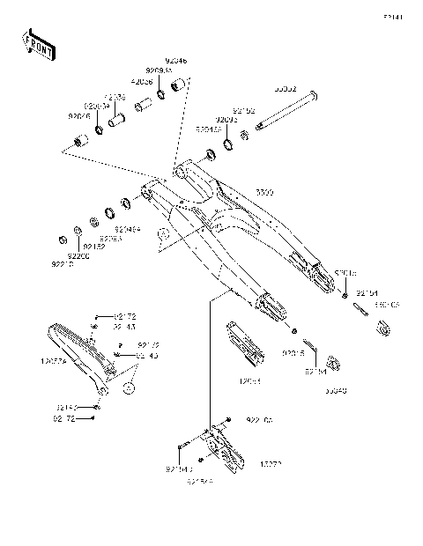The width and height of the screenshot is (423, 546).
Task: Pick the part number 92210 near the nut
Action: click(63, 263)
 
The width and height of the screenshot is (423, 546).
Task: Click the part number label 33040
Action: click(336, 387)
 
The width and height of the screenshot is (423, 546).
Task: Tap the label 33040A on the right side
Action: click(387, 304)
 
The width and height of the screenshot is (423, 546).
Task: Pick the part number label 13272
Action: click(271, 462)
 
